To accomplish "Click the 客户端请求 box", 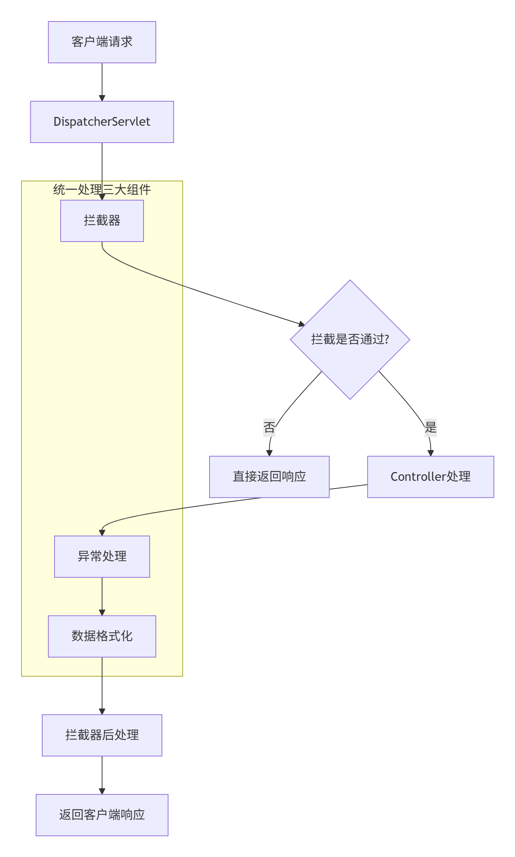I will point(102,42).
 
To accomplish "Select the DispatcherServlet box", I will point(102,122).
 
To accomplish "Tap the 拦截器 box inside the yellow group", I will point(102,221).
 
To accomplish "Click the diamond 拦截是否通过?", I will point(350,339).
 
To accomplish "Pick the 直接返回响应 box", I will point(269,477).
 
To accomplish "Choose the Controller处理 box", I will point(430,477).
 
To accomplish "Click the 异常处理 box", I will point(102,556).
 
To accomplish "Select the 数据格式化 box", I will point(102,636).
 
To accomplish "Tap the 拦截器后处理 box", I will point(102,735).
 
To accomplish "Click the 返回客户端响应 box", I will point(102,815).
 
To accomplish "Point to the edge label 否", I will point(269,427).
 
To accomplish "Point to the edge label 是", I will point(431,427).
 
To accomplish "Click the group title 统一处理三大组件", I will point(102,189).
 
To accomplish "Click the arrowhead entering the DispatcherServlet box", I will point(102,98).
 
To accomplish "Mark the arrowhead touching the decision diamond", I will point(302,324).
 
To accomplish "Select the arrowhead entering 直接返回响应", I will point(269,453).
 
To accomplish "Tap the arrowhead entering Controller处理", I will point(431,453).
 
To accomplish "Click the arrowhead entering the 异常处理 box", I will point(102,533).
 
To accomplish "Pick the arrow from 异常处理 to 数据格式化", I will point(102,596).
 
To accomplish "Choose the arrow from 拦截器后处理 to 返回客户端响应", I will point(102,775).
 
